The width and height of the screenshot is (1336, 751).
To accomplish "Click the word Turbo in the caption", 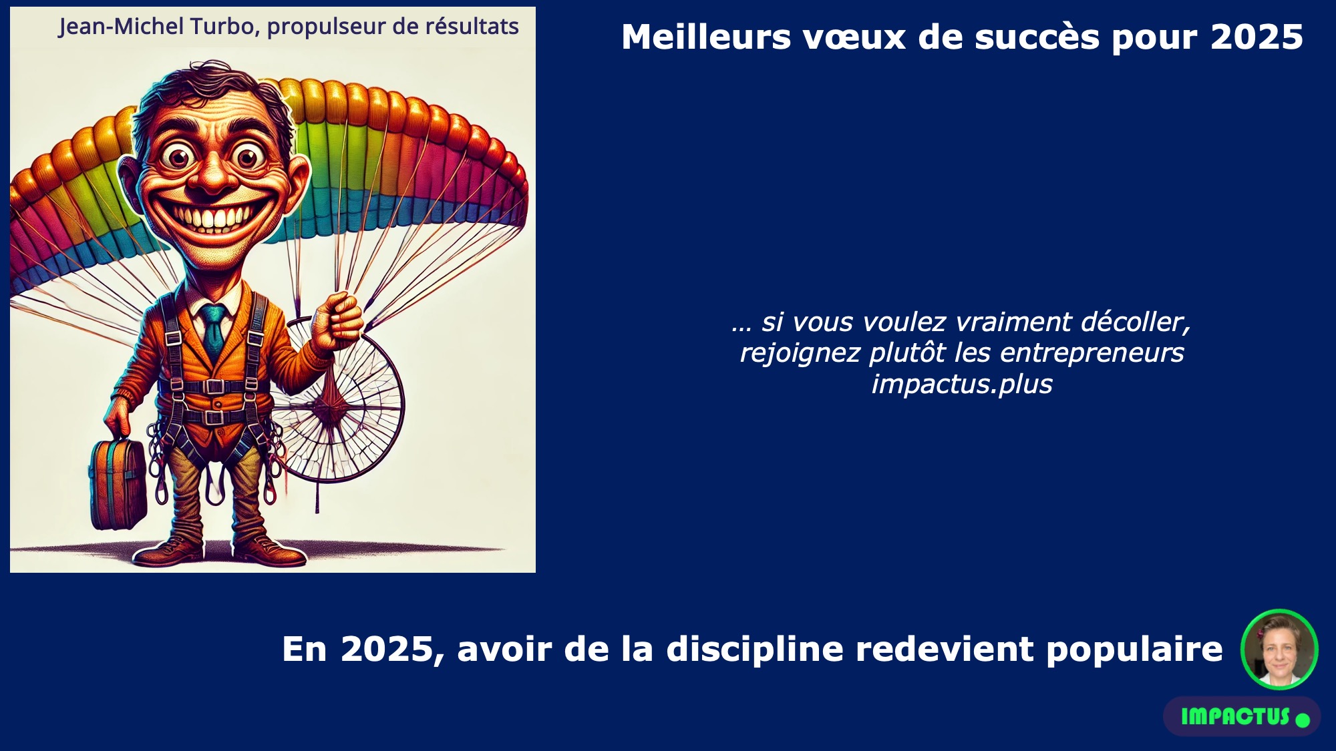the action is click(x=222, y=26).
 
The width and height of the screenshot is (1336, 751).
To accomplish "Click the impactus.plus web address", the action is click(x=962, y=385).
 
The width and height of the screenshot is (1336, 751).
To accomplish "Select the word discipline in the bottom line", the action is click(x=755, y=649).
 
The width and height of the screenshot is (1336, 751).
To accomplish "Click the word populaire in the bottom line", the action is click(x=1134, y=650).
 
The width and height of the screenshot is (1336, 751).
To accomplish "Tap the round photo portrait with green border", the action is click(x=1279, y=649).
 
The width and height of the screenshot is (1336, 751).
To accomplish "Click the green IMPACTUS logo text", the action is click(x=1235, y=716).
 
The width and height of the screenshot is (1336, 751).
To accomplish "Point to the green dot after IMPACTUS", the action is click(x=1303, y=720).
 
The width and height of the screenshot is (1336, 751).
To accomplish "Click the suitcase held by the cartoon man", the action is click(x=118, y=482).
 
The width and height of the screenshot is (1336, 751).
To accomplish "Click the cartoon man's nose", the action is click(x=214, y=175).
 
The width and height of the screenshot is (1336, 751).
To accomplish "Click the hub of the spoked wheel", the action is click(x=331, y=408).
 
